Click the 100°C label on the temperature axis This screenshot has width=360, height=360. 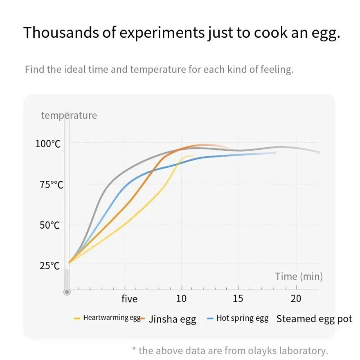pos(48,144)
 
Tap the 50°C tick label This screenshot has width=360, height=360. pos(49,225)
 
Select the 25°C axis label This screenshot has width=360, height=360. pos(49,266)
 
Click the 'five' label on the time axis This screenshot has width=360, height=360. pos(129,299)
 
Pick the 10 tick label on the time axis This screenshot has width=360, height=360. pos(181,299)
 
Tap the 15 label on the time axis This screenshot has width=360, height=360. pos(238,299)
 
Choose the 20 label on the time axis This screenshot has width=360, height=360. pos(296,299)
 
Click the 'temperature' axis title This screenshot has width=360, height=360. pos(69,116)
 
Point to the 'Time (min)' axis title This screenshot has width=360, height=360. pos(299,276)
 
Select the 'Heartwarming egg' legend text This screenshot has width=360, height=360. pos(112,318)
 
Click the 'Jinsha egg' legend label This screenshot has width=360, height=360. pos(172,319)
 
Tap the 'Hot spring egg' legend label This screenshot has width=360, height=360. pos(242,319)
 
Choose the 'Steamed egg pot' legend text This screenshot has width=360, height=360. pos(314,319)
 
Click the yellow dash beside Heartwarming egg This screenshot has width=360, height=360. pos(77,318)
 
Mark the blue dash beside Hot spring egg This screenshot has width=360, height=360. pos(211,319)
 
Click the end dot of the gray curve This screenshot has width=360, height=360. pos(319,152)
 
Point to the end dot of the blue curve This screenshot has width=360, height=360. pos(275,153)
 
